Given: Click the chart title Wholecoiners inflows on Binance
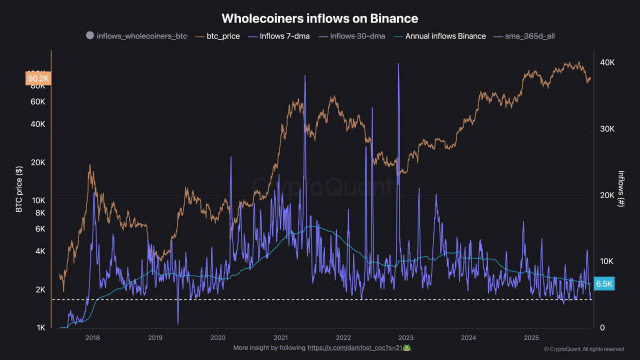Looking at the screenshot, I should pyautogui.click(x=319, y=18).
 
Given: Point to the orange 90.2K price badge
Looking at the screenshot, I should pyautogui.click(x=38, y=78).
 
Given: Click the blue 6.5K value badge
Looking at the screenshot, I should pyautogui.click(x=604, y=283).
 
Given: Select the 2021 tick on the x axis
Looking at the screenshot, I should pyautogui.click(x=280, y=337).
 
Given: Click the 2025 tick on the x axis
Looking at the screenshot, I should pyautogui.click(x=531, y=337).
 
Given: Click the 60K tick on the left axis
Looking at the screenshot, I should pyautogui.click(x=38, y=101).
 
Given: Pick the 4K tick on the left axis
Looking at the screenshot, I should pyautogui.click(x=40, y=251).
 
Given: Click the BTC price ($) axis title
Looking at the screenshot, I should pyautogui.click(x=19, y=189).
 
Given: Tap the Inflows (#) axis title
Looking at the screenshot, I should pyautogui.click(x=621, y=189).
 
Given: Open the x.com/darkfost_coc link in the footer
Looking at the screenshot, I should pyautogui.click(x=359, y=347).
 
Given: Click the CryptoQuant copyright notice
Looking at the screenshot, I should pyautogui.click(x=584, y=349).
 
